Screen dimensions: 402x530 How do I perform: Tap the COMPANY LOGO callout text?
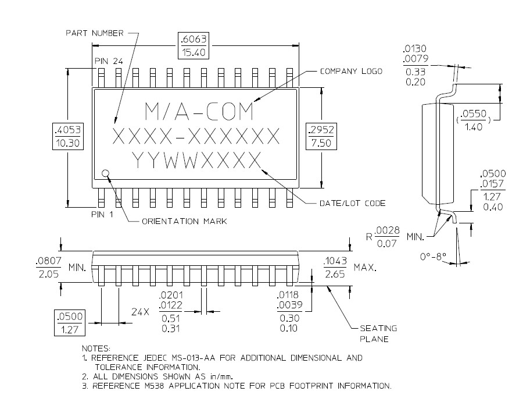click(351, 71)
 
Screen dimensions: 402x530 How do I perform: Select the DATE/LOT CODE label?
click(352, 203)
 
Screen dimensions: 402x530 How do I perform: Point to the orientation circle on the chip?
click(106, 173)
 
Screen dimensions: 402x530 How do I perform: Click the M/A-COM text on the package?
click(198, 110)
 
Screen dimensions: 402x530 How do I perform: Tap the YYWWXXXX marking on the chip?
click(195, 159)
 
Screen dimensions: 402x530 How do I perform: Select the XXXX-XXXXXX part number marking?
click(195, 136)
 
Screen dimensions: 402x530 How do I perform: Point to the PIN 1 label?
click(103, 214)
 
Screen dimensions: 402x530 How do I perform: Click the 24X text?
click(140, 312)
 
